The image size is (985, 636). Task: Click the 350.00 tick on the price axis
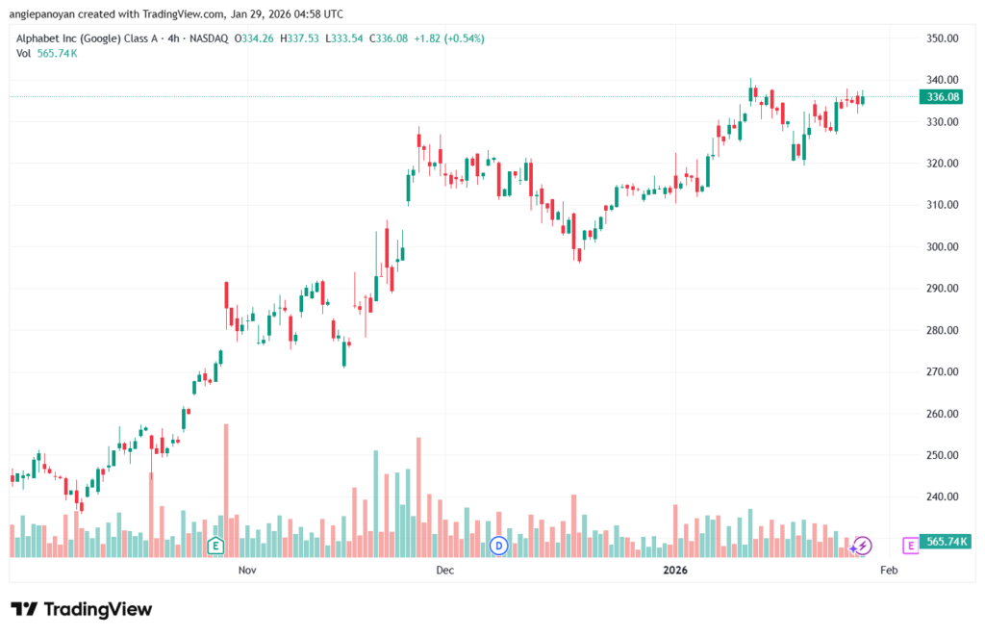coord(941,38)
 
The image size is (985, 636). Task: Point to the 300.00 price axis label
coord(941,246)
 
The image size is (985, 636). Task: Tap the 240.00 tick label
coord(941,496)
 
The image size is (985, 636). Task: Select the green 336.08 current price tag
coord(940,96)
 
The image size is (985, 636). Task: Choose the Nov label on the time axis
coord(247,571)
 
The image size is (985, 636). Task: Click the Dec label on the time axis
coord(444,571)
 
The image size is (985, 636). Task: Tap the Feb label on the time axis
coord(889,571)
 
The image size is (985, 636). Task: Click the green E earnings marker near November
coord(215,547)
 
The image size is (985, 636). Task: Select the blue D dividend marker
coord(498,546)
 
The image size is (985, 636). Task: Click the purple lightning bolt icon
coord(863,546)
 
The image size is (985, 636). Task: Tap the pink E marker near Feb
coord(910,546)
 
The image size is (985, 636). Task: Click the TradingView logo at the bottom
coord(81,609)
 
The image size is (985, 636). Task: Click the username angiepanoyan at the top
coord(46,13)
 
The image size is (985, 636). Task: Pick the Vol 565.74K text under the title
coord(46,53)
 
